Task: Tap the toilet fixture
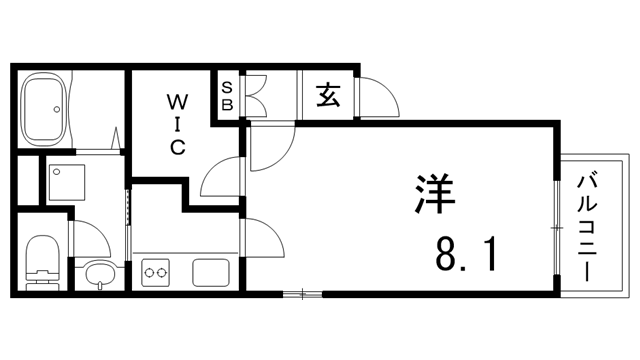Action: [42, 262]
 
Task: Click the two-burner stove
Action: [156, 270]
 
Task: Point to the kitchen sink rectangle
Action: [212, 270]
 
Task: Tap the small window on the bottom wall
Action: [301, 294]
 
